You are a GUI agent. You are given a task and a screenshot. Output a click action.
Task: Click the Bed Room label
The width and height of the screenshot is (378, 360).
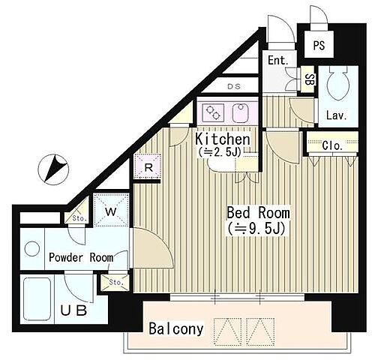coord(258,213)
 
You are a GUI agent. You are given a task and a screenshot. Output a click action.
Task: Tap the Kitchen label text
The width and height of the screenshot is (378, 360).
coord(223,139)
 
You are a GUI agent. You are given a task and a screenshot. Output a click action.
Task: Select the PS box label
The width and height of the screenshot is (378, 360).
coord(319,45)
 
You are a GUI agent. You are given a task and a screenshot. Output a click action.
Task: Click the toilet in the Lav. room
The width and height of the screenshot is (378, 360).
coord(338,83)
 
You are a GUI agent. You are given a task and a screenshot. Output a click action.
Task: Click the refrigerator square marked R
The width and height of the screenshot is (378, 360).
coord(148,166)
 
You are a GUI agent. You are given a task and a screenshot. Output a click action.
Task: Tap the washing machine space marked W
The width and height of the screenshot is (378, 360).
coord(111,211)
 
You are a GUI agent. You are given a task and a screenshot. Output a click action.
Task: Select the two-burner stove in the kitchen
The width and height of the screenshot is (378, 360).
coord(213,112)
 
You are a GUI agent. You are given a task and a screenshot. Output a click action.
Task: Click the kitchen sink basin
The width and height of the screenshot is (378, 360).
coord(241,113)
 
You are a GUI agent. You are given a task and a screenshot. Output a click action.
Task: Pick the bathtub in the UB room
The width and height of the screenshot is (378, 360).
coord(37,299)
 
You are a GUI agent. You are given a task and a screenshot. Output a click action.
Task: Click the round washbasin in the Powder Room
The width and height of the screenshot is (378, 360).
coord(32,249)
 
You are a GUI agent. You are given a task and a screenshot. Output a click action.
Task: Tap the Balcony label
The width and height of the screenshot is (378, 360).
coord(176,328)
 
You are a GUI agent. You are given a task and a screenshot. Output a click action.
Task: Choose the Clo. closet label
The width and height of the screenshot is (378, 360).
coord(332,145)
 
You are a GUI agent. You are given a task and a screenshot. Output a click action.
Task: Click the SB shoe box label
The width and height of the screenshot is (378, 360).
coord(309,79)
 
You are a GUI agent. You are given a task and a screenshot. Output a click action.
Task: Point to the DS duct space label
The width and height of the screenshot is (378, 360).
coord(234,86)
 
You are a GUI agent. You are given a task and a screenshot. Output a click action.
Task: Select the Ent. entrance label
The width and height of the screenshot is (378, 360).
coord(278,60)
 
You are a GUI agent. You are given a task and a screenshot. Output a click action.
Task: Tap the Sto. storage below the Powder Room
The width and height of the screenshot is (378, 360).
coord(115,283)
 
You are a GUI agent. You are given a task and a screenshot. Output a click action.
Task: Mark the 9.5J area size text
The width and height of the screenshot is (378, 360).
coord(256,228)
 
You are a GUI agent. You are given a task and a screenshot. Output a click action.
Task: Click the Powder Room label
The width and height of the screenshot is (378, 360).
coord(81,257)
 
